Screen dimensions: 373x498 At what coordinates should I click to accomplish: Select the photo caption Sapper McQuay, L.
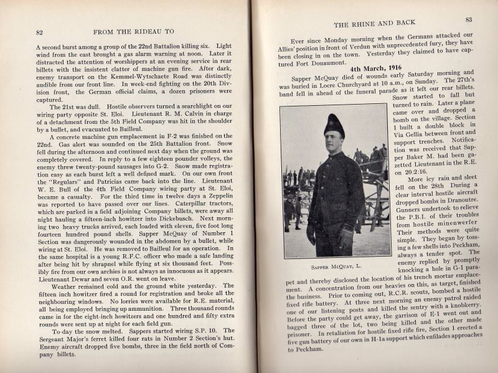pyautogui.click(x=336, y=267)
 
